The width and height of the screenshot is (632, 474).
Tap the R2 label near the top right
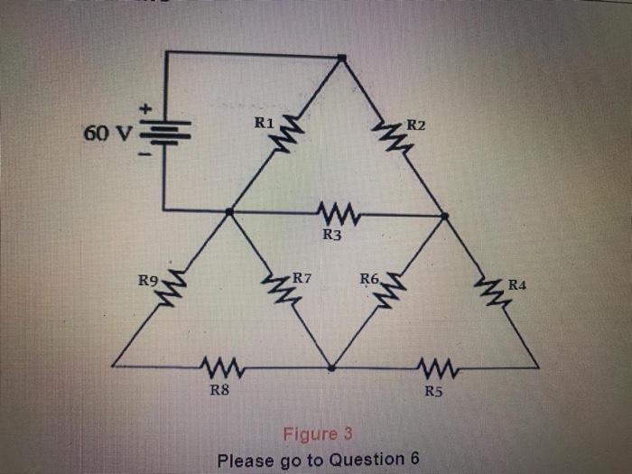click(x=416, y=124)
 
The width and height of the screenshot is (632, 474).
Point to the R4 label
click(x=517, y=284)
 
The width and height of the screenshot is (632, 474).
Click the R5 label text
click(x=434, y=391)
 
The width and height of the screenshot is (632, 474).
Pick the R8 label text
click(x=218, y=391)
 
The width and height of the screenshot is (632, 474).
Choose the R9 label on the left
click(x=148, y=283)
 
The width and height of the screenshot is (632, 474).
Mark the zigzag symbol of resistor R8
click(x=222, y=367)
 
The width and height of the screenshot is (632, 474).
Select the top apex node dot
click(x=341, y=58)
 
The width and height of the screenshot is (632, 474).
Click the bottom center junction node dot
click(x=331, y=367)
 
